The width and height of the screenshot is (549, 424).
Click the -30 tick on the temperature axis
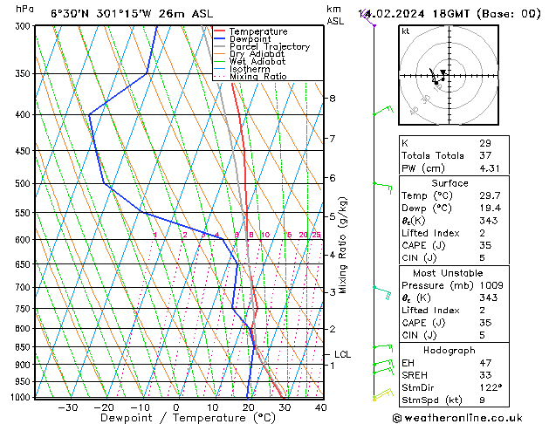coord(68,407)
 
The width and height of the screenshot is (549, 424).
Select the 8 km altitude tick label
coord(332,99)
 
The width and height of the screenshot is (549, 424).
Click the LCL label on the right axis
coord(342,354)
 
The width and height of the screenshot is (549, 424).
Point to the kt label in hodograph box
coord(406,31)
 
